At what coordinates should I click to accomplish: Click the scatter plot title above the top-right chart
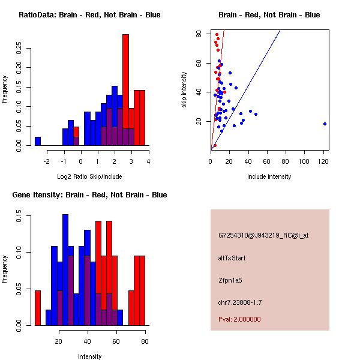click(x=269, y=15)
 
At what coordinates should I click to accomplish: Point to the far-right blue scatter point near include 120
click(x=325, y=124)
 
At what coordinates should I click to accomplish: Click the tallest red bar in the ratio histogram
click(x=125, y=90)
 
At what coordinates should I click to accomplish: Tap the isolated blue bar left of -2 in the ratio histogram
click(x=38, y=141)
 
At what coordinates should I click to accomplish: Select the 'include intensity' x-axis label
click(x=269, y=176)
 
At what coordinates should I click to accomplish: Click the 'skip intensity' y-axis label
click(x=185, y=90)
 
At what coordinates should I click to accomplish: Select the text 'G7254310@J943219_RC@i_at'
click(x=263, y=236)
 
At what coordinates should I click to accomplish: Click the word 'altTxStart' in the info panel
click(x=232, y=258)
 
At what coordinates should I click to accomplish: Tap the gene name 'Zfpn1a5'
click(x=230, y=280)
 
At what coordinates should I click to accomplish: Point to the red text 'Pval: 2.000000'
click(x=239, y=319)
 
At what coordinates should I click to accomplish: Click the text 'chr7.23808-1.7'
click(x=240, y=301)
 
